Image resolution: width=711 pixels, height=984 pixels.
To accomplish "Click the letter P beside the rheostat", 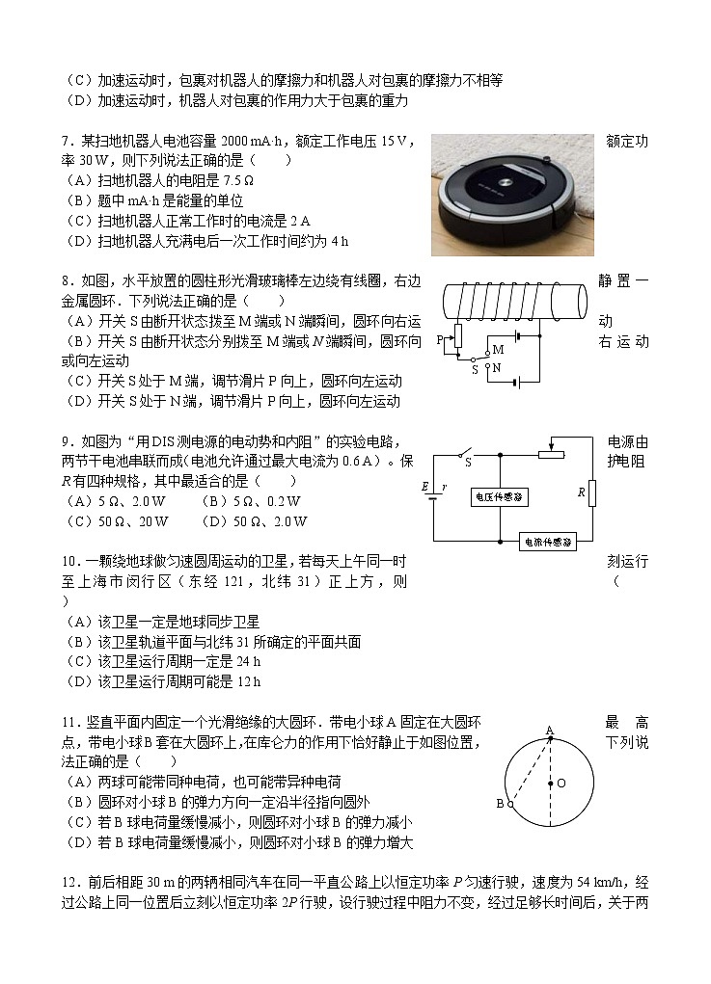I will (x=439, y=339).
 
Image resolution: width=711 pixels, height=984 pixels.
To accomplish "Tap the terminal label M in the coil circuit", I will (x=498, y=349).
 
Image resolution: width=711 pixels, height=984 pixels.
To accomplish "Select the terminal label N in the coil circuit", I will (x=498, y=367).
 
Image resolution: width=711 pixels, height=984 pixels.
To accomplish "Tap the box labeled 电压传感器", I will (x=499, y=496).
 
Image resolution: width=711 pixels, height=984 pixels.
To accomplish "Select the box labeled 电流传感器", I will (x=547, y=542).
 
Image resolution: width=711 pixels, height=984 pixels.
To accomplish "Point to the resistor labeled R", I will (x=591, y=493).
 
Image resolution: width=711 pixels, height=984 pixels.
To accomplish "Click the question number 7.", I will (x=65, y=142).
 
